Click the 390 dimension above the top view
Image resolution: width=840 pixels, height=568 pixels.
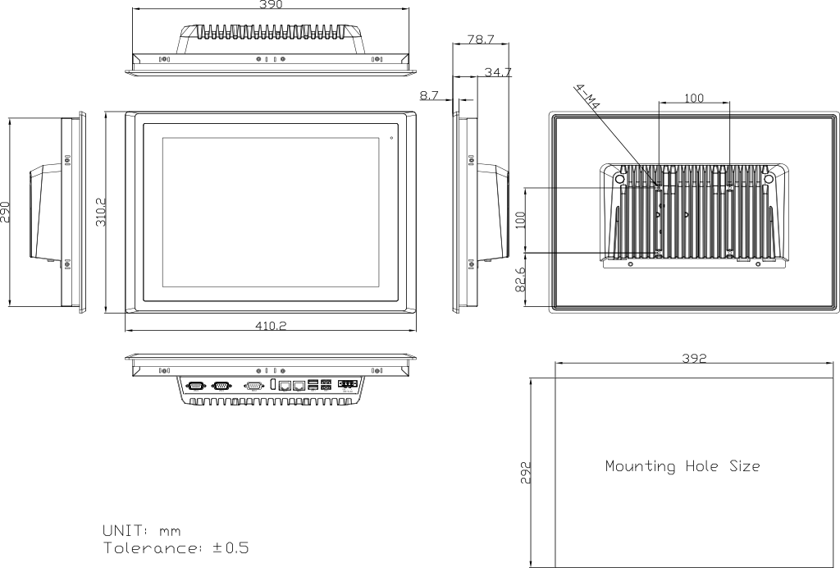[x=271, y=5]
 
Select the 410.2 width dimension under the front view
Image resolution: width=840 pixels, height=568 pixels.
[x=271, y=325]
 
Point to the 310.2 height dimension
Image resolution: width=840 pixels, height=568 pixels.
[x=100, y=211]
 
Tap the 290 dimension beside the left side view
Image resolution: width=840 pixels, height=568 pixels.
[x=5, y=212]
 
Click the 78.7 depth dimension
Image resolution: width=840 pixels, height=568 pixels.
[x=480, y=39]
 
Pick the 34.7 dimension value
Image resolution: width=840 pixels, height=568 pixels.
[x=498, y=72]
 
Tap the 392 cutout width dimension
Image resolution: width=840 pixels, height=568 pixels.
[x=695, y=359]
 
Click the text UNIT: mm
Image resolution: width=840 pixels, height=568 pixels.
[x=142, y=530]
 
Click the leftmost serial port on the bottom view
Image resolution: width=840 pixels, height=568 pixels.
[x=196, y=384]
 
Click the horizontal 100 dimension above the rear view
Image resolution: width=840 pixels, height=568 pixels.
[x=694, y=98]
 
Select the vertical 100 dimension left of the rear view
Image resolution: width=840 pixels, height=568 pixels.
[x=520, y=221]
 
